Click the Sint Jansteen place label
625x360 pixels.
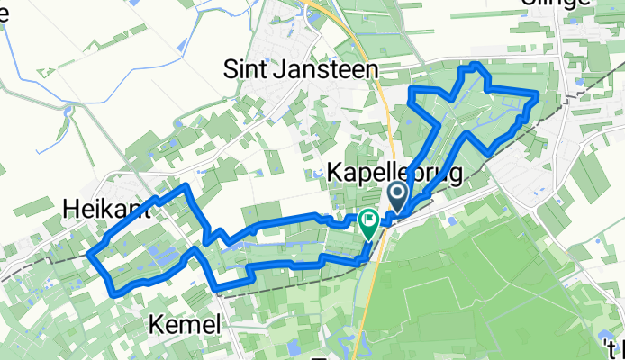(x=300, y=68)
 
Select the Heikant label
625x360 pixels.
(x=106, y=210)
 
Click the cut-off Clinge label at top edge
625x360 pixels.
(x=557, y=4)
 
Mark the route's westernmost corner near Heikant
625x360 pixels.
(x=91, y=255)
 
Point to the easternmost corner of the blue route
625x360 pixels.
(x=538, y=94)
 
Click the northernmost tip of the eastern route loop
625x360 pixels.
(x=476, y=65)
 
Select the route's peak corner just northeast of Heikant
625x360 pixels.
(x=186, y=186)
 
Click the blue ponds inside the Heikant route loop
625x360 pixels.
(x=162, y=256)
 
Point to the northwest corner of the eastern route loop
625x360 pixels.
(x=412, y=93)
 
